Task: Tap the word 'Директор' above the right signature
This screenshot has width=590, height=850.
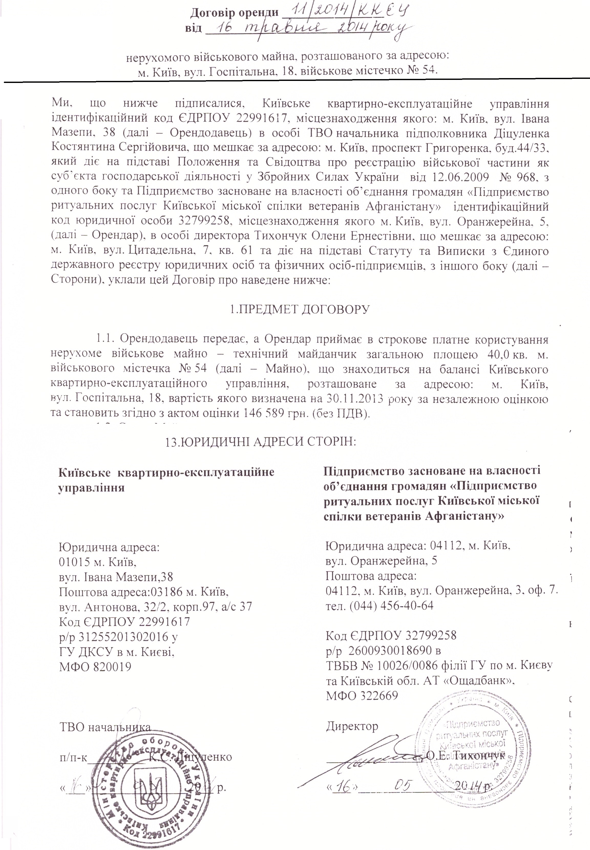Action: click(352, 726)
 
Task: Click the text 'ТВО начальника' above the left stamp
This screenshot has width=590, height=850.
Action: click(105, 727)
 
